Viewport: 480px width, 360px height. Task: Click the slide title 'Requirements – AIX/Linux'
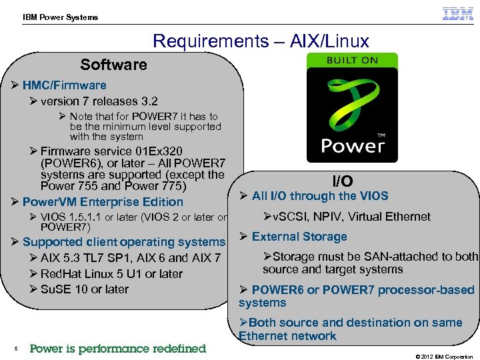point(261,41)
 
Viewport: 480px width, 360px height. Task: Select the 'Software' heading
point(113,65)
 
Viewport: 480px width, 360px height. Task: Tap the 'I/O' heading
point(343,181)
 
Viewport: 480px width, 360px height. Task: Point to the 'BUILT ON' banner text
point(351,61)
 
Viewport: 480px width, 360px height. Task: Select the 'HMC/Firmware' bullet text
point(64,85)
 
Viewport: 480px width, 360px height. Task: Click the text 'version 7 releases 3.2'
point(99,101)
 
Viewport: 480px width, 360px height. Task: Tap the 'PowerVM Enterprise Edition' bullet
point(103,202)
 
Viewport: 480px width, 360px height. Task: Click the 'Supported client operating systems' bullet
point(123,242)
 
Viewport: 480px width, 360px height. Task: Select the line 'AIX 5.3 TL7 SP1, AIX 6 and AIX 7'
point(130,258)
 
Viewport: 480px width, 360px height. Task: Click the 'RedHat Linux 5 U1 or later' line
point(111,274)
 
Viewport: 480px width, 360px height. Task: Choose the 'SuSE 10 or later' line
point(84,289)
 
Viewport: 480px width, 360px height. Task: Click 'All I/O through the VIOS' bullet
point(319,196)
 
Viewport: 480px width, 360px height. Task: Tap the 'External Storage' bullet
point(299,237)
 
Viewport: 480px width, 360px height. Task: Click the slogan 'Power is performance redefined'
point(118,349)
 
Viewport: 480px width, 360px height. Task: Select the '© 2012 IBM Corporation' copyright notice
point(444,357)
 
